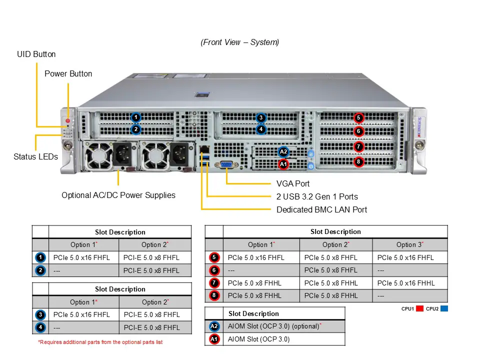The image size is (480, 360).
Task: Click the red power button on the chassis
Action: (x=68, y=121)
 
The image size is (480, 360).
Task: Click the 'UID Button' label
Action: (x=36, y=54)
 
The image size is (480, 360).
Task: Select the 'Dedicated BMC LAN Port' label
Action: (x=321, y=209)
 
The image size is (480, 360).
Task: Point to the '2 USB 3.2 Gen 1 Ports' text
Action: (x=317, y=196)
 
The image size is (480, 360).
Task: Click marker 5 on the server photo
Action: (x=358, y=118)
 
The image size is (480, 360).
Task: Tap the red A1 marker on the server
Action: (x=283, y=163)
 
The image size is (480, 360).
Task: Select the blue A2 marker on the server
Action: (x=283, y=151)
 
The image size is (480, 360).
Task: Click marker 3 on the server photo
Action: (x=260, y=118)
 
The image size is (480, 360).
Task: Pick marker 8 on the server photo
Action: (x=358, y=161)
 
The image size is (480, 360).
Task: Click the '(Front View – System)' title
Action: (x=240, y=42)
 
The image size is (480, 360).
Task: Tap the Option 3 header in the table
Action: (x=409, y=244)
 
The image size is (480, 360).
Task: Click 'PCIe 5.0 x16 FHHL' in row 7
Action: (x=406, y=283)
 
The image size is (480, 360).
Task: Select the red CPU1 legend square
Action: (x=419, y=308)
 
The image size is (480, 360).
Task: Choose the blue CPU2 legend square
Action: (x=444, y=308)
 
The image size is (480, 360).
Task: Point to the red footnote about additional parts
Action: (x=100, y=342)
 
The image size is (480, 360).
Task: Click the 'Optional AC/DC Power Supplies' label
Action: (x=118, y=195)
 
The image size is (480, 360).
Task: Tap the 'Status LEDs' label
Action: (x=35, y=156)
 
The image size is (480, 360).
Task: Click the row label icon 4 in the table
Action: (x=40, y=328)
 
